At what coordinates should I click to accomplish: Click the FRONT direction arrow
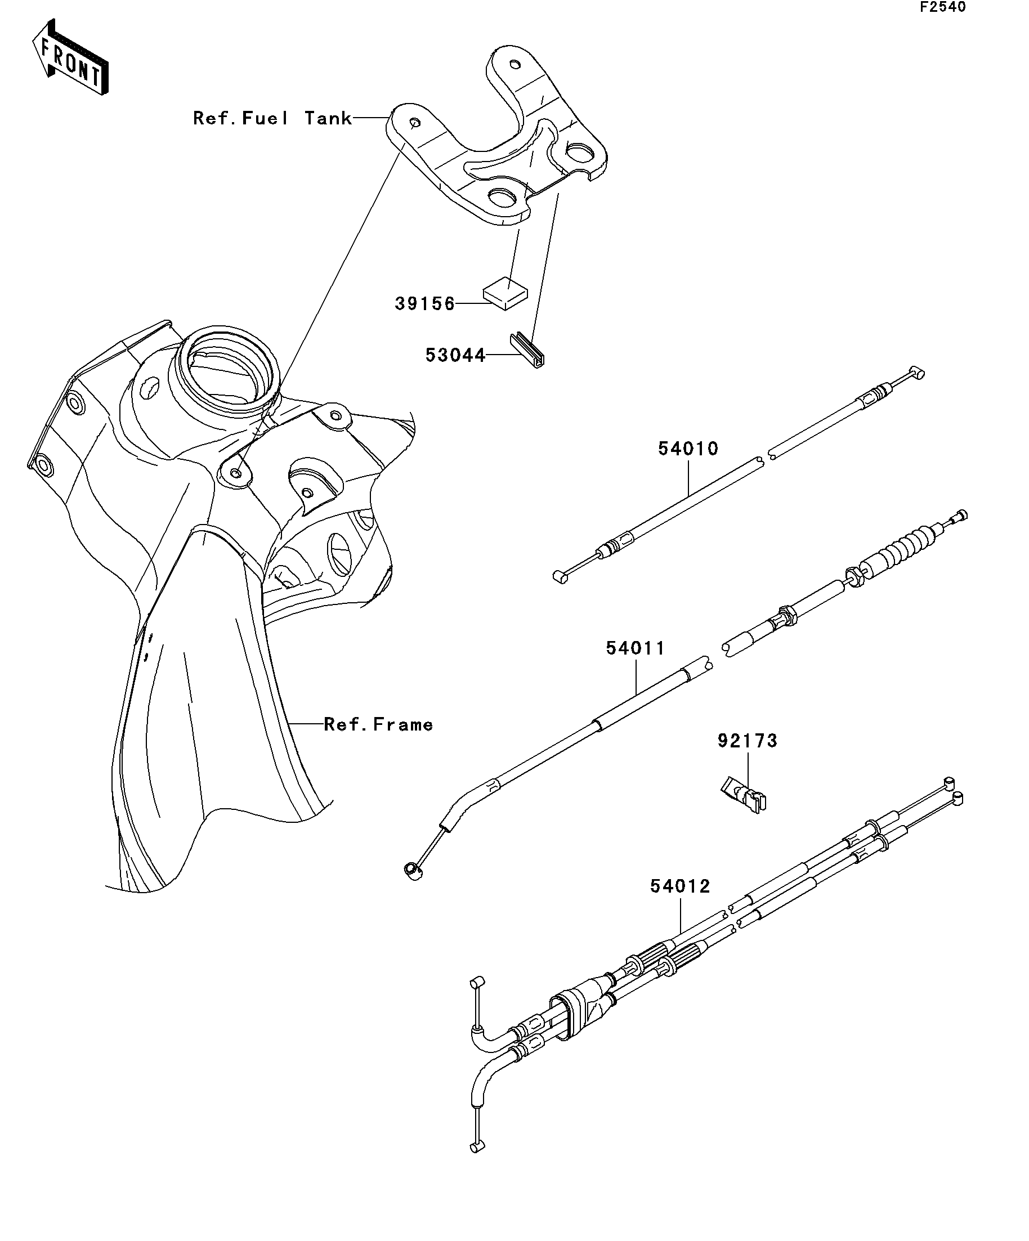point(70,57)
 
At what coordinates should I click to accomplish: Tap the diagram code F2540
point(942,7)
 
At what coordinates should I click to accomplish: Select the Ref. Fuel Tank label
point(272,118)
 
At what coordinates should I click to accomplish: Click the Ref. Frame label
point(378,724)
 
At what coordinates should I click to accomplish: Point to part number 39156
point(425,304)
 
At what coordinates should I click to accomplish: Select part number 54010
point(688,449)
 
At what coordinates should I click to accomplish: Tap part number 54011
point(636,648)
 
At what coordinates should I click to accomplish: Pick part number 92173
point(748,741)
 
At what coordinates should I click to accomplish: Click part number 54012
point(681,902)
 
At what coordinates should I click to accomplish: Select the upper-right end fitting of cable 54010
point(915,373)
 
